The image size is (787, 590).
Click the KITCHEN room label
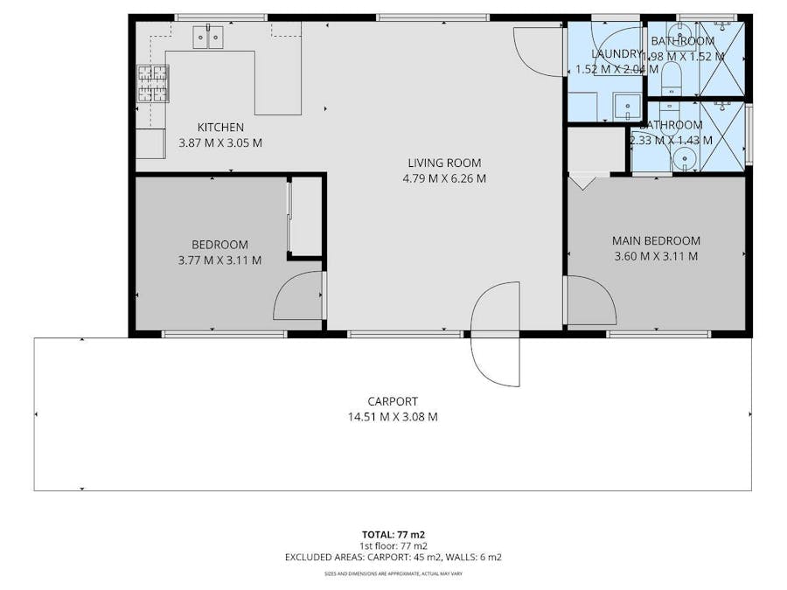point(219,128)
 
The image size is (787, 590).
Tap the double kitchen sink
point(208,37)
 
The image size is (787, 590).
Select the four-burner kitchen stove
point(151,84)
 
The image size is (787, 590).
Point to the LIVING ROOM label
point(444,163)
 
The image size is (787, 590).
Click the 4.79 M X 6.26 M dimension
point(444,178)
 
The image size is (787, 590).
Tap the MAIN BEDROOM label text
point(656,240)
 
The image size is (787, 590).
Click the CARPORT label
point(393,401)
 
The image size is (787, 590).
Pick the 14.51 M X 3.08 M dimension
point(393,417)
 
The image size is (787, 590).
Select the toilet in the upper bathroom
point(672,76)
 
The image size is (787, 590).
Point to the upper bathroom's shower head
point(722,28)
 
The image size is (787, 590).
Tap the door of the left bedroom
point(300,297)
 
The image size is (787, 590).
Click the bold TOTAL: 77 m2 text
point(393,533)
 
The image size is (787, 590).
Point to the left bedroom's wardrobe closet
point(305,216)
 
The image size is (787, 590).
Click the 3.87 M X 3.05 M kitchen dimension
point(219,142)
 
